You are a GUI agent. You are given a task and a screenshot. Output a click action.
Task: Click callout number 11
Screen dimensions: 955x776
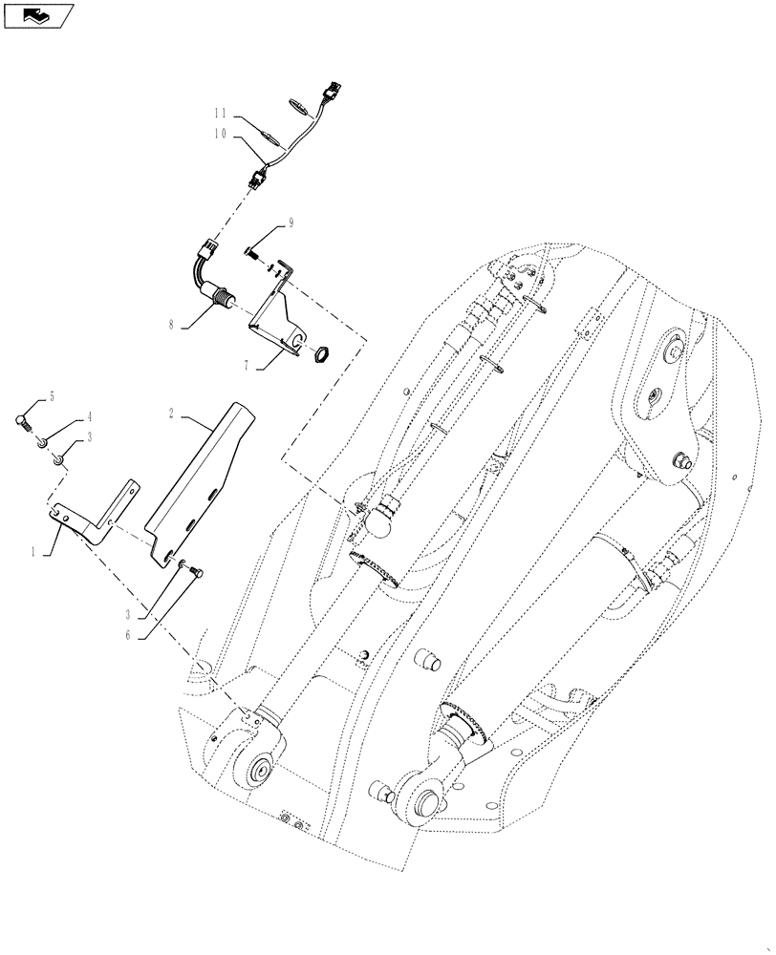(220, 114)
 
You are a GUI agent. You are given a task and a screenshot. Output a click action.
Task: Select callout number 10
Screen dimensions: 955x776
(220, 135)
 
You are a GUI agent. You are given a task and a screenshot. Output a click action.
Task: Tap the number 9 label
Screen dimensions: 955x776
(291, 225)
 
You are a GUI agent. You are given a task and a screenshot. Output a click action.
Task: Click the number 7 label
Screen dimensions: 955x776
(248, 366)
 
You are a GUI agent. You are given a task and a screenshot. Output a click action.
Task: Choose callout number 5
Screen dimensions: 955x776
(52, 395)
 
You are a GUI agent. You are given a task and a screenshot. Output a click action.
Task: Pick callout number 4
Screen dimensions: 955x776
(90, 416)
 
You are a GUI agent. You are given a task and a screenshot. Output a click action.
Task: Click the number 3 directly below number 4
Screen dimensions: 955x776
(90, 436)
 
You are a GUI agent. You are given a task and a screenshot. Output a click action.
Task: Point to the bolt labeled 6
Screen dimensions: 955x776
(195, 571)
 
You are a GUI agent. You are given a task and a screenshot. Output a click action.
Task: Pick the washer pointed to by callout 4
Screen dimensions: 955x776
(43, 442)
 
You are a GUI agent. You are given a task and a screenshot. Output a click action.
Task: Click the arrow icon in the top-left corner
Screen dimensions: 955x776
(38, 15)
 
